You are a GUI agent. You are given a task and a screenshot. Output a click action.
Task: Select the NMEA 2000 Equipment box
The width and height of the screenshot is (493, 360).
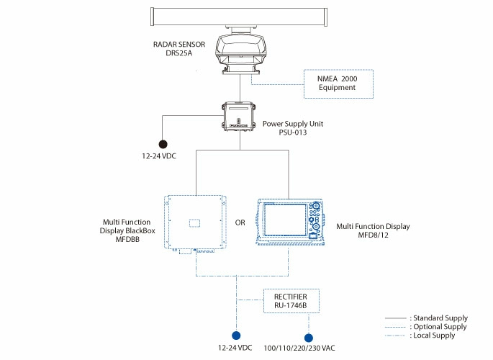coord(338,83)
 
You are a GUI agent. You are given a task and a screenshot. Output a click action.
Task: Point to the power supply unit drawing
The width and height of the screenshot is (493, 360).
coord(236,117)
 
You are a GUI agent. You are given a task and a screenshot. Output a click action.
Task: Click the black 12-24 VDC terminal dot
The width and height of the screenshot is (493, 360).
coord(163,144)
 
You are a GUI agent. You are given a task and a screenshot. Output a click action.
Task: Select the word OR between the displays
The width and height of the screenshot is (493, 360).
coord(240,222)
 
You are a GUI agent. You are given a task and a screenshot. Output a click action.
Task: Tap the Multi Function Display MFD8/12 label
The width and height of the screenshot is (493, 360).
coord(373,230)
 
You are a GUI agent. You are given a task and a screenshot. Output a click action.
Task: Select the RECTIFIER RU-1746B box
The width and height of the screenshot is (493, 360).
coord(287,300)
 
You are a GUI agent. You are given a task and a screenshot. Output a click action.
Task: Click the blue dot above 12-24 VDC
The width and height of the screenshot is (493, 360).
coord(235,335)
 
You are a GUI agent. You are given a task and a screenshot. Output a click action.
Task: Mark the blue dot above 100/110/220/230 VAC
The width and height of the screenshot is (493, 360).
coord(309,337)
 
